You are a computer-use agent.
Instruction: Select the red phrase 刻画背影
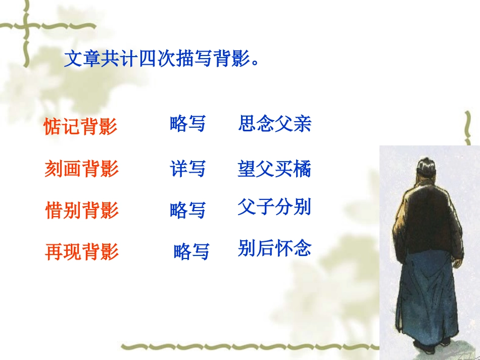point(81,169)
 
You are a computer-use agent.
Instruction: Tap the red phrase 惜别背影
point(82,210)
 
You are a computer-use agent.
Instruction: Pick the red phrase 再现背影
point(82,251)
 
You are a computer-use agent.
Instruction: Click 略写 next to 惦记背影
point(188,124)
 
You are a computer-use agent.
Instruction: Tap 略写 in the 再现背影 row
point(191,251)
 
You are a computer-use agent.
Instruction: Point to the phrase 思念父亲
point(275,124)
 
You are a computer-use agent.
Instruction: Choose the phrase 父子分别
point(274,207)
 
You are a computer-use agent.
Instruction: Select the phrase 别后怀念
point(274,248)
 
